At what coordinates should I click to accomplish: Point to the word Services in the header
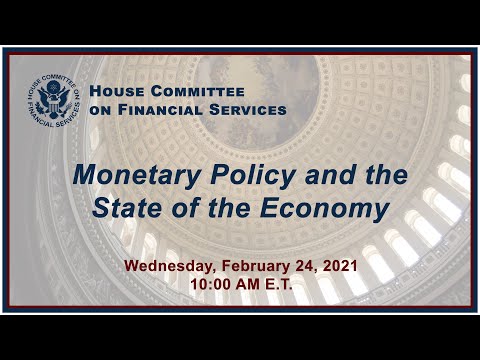[x=249, y=109]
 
